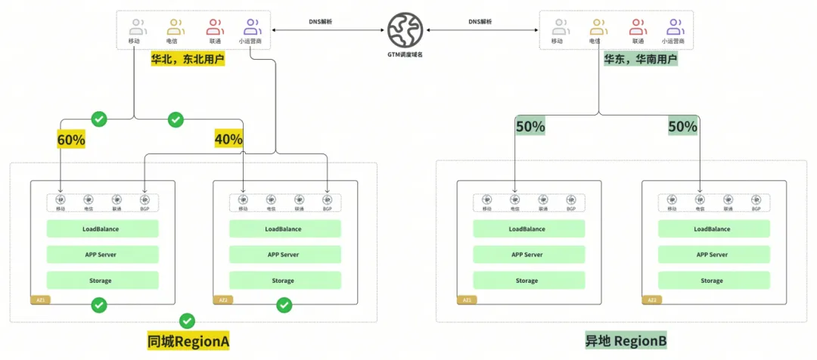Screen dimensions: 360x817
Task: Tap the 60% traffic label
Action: tap(71, 139)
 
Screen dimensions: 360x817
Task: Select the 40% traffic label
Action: tap(228, 139)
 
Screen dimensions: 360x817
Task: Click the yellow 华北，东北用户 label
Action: tap(188, 59)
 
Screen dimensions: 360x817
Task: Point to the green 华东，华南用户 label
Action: tap(640, 59)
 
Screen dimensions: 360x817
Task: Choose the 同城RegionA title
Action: tap(188, 341)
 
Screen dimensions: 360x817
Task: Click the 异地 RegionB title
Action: tap(626, 341)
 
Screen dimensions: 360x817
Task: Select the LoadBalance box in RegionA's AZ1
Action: tap(102, 229)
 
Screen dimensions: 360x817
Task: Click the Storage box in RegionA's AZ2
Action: tap(283, 281)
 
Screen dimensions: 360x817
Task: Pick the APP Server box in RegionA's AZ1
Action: tap(102, 255)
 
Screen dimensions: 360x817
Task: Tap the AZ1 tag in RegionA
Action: tap(40, 300)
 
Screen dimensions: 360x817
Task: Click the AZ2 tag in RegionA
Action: tap(223, 300)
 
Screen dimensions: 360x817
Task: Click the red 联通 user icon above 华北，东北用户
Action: tap(214, 28)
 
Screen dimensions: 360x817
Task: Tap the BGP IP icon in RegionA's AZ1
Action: tap(144, 200)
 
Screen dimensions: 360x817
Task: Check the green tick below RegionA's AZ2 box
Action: tap(284, 305)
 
